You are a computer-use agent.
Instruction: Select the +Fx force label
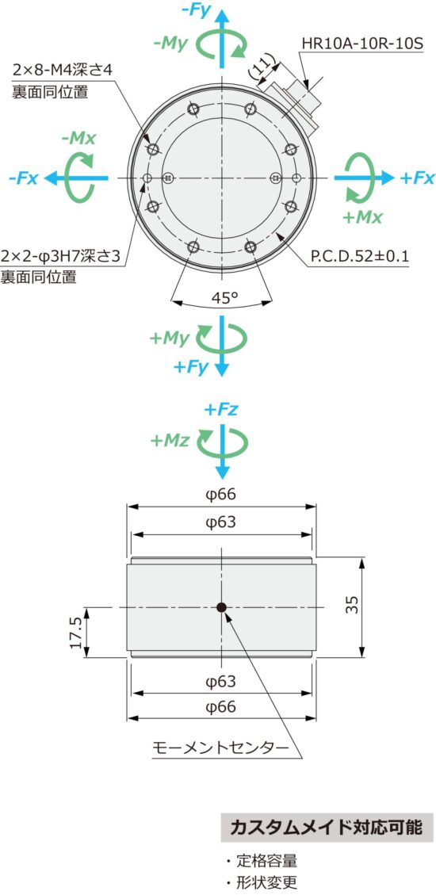pos(417,178)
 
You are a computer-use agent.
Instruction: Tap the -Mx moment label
pos(78,137)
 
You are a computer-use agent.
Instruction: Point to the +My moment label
pos(169,338)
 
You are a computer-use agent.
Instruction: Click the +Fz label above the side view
pos(220,409)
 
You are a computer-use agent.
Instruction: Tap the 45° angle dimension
pos(224,298)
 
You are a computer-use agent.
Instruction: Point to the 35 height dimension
pos(353,606)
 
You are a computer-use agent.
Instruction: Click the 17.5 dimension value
pos(76,633)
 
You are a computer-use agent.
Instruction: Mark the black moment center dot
pos(222,607)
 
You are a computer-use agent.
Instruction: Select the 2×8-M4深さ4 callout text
pos(63,70)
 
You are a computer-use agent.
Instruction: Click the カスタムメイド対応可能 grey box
pos(327,828)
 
